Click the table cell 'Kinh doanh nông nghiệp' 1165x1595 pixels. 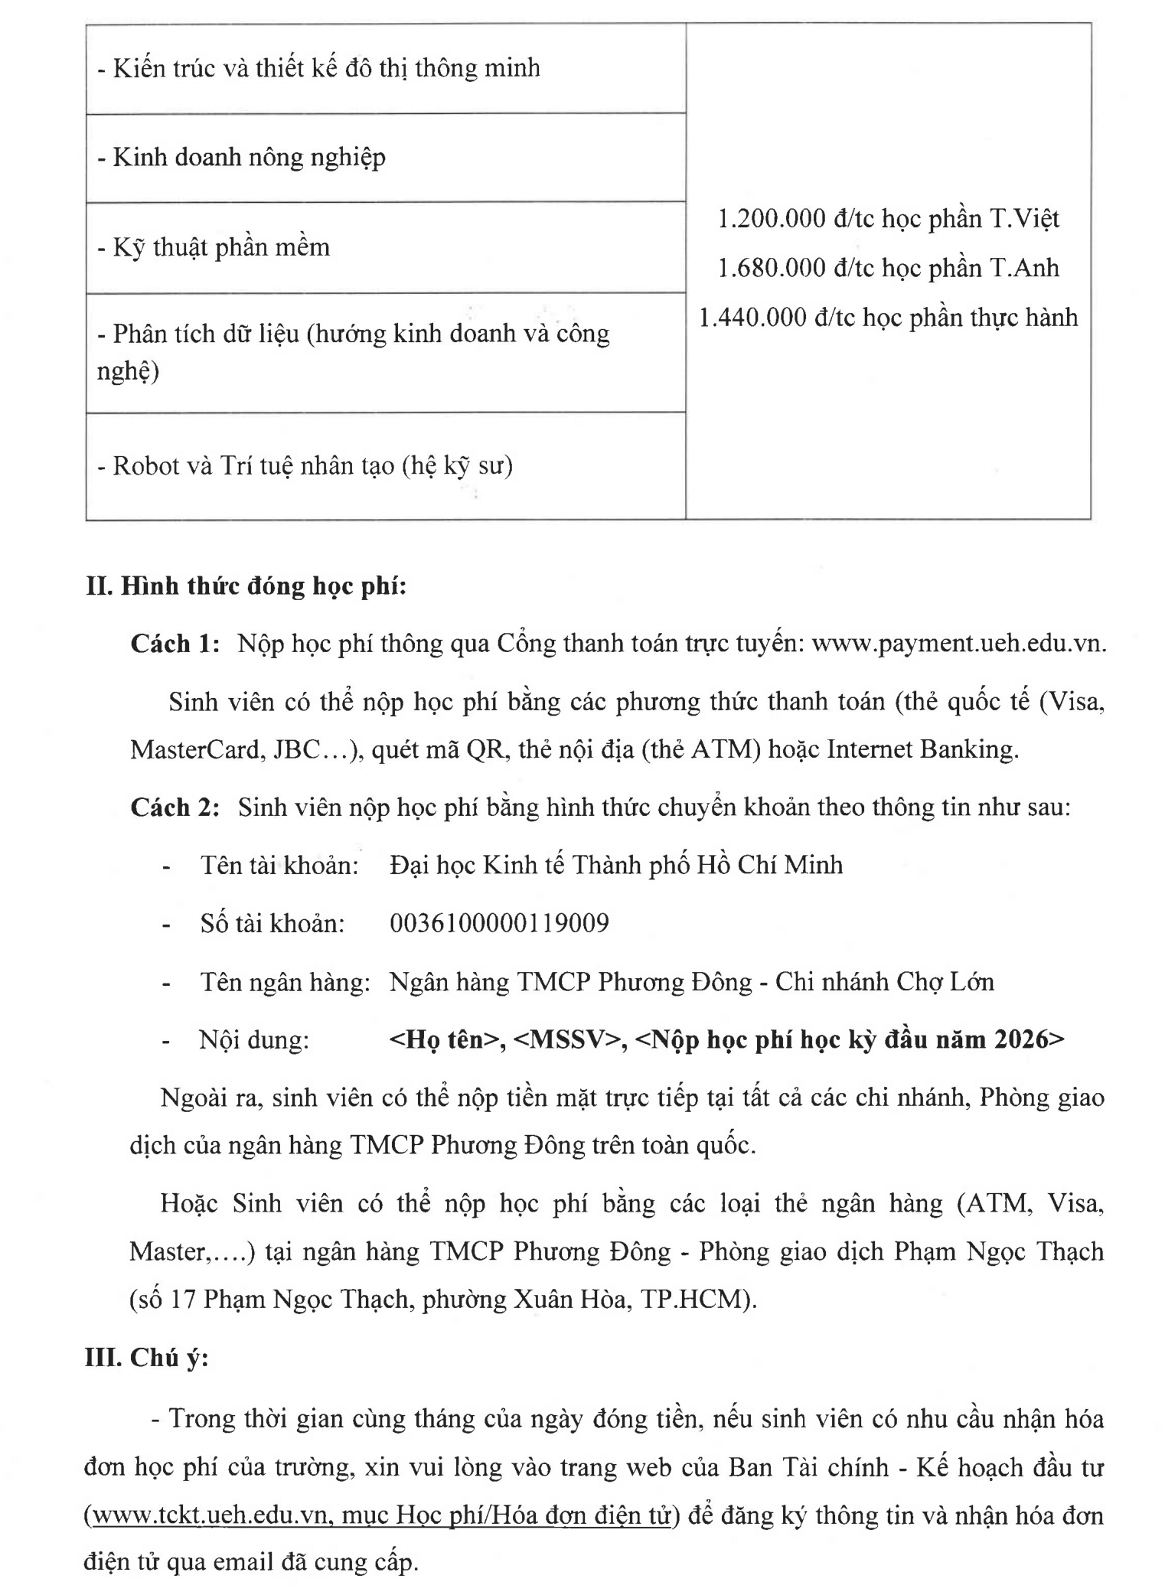pos(241,158)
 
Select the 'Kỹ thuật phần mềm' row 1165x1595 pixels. pos(214,247)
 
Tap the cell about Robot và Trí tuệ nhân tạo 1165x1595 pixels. pos(305,465)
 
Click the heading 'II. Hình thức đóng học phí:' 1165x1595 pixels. pos(246,586)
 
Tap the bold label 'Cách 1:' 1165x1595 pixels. pos(175,644)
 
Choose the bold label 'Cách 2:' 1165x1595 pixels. pos(175,807)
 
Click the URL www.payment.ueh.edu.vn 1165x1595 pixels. pos(958,644)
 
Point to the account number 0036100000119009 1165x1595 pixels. pos(499,924)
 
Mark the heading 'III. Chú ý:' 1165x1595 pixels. pos(146,1357)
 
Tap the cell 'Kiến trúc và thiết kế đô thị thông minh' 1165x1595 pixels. pos(319,69)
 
